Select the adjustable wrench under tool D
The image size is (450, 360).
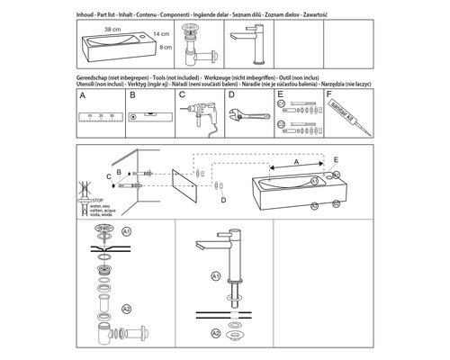point(249,114)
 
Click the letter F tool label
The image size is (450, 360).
point(329,94)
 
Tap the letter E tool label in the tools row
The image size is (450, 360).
point(280,94)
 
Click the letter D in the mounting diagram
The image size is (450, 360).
point(224,201)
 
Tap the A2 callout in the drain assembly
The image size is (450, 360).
point(128,309)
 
